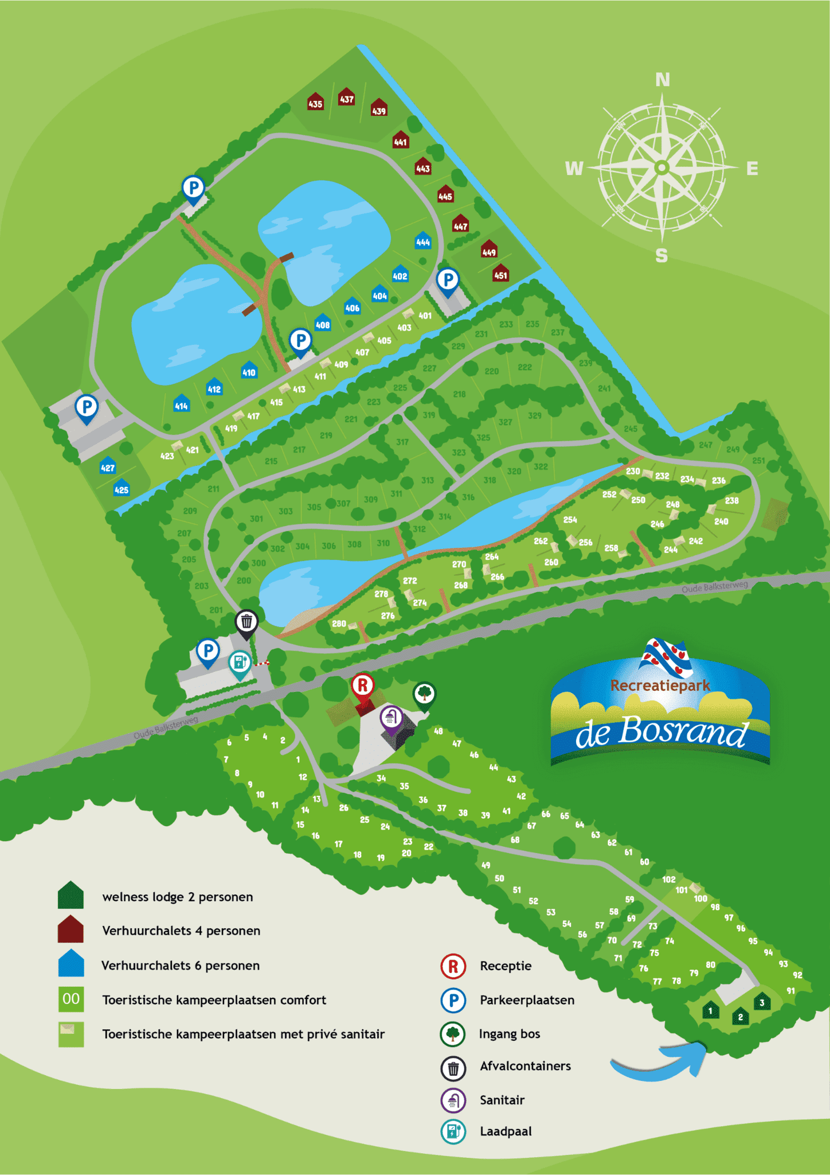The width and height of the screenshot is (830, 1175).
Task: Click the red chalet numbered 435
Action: click(x=315, y=102)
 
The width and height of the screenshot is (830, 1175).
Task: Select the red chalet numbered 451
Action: click(x=500, y=273)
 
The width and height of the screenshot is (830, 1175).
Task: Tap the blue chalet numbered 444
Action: click(x=423, y=240)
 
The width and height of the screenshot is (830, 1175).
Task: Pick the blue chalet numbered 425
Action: click(x=121, y=488)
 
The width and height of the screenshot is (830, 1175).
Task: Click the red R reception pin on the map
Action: click(x=363, y=686)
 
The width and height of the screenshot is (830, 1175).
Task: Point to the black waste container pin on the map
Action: click(x=246, y=622)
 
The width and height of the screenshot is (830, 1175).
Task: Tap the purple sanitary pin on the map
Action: click(x=391, y=717)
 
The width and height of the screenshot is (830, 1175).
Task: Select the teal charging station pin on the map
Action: click(x=240, y=663)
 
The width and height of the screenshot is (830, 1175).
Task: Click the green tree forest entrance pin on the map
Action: click(x=424, y=694)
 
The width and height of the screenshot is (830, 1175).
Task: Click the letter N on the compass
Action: click(x=662, y=80)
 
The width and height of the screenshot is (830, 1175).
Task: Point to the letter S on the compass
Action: click(x=661, y=256)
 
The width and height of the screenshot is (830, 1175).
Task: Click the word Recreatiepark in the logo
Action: click(x=660, y=686)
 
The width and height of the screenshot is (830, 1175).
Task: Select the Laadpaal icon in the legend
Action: click(x=453, y=1131)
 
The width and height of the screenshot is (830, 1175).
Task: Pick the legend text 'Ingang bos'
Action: click(x=510, y=1034)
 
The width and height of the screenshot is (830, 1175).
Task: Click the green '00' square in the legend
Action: click(x=71, y=999)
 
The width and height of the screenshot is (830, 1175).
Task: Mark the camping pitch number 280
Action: click(x=339, y=624)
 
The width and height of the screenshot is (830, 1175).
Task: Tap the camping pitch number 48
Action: click(x=439, y=731)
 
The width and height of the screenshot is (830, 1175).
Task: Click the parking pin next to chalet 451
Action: click(x=448, y=281)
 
